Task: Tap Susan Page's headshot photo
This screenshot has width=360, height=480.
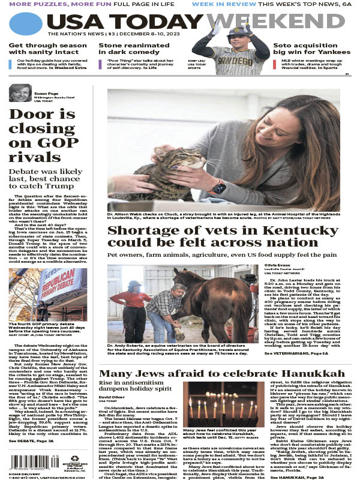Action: coord(20,95)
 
